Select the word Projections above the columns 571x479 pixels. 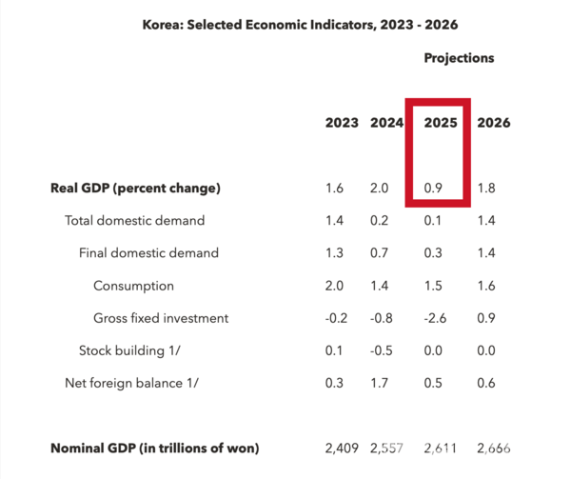[459, 58]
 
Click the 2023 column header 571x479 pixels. [342, 123]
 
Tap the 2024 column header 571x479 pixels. [386, 123]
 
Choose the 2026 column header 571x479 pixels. [493, 123]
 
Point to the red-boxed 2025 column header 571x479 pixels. [441, 123]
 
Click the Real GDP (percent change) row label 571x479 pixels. [135, 188]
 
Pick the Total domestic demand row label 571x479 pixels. [134, 221]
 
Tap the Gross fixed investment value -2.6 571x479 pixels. [437, 318]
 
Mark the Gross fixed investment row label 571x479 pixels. [161, 318]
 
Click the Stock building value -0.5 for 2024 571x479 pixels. [380, 350]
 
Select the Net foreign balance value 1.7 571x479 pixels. [380, 383]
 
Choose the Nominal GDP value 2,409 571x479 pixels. [342, 448]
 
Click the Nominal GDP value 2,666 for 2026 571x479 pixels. [493, 448]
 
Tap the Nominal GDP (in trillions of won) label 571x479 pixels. [154, 448]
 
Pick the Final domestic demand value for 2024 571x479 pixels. [380, 253]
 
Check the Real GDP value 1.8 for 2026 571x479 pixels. [487, 188]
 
